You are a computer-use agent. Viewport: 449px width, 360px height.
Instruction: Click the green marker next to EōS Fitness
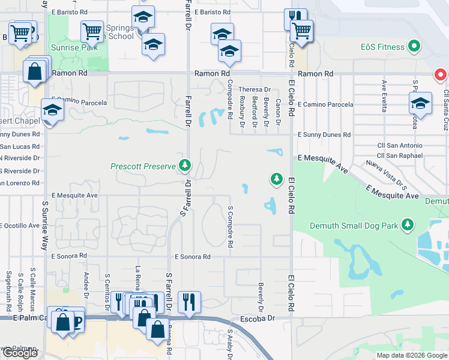pyautogui.click(x=413, y=46)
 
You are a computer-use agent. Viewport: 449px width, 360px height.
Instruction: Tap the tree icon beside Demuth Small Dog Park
pyautogui.click(x=408, y=225)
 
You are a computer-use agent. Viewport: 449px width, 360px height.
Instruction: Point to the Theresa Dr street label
pyautogui.click(x=255, y=89)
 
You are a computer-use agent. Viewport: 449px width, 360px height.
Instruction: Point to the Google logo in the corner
pyautogui.click(x=20, y=353)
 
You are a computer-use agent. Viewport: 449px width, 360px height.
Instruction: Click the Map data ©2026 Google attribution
pyautogui.click(x=411, y=355)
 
